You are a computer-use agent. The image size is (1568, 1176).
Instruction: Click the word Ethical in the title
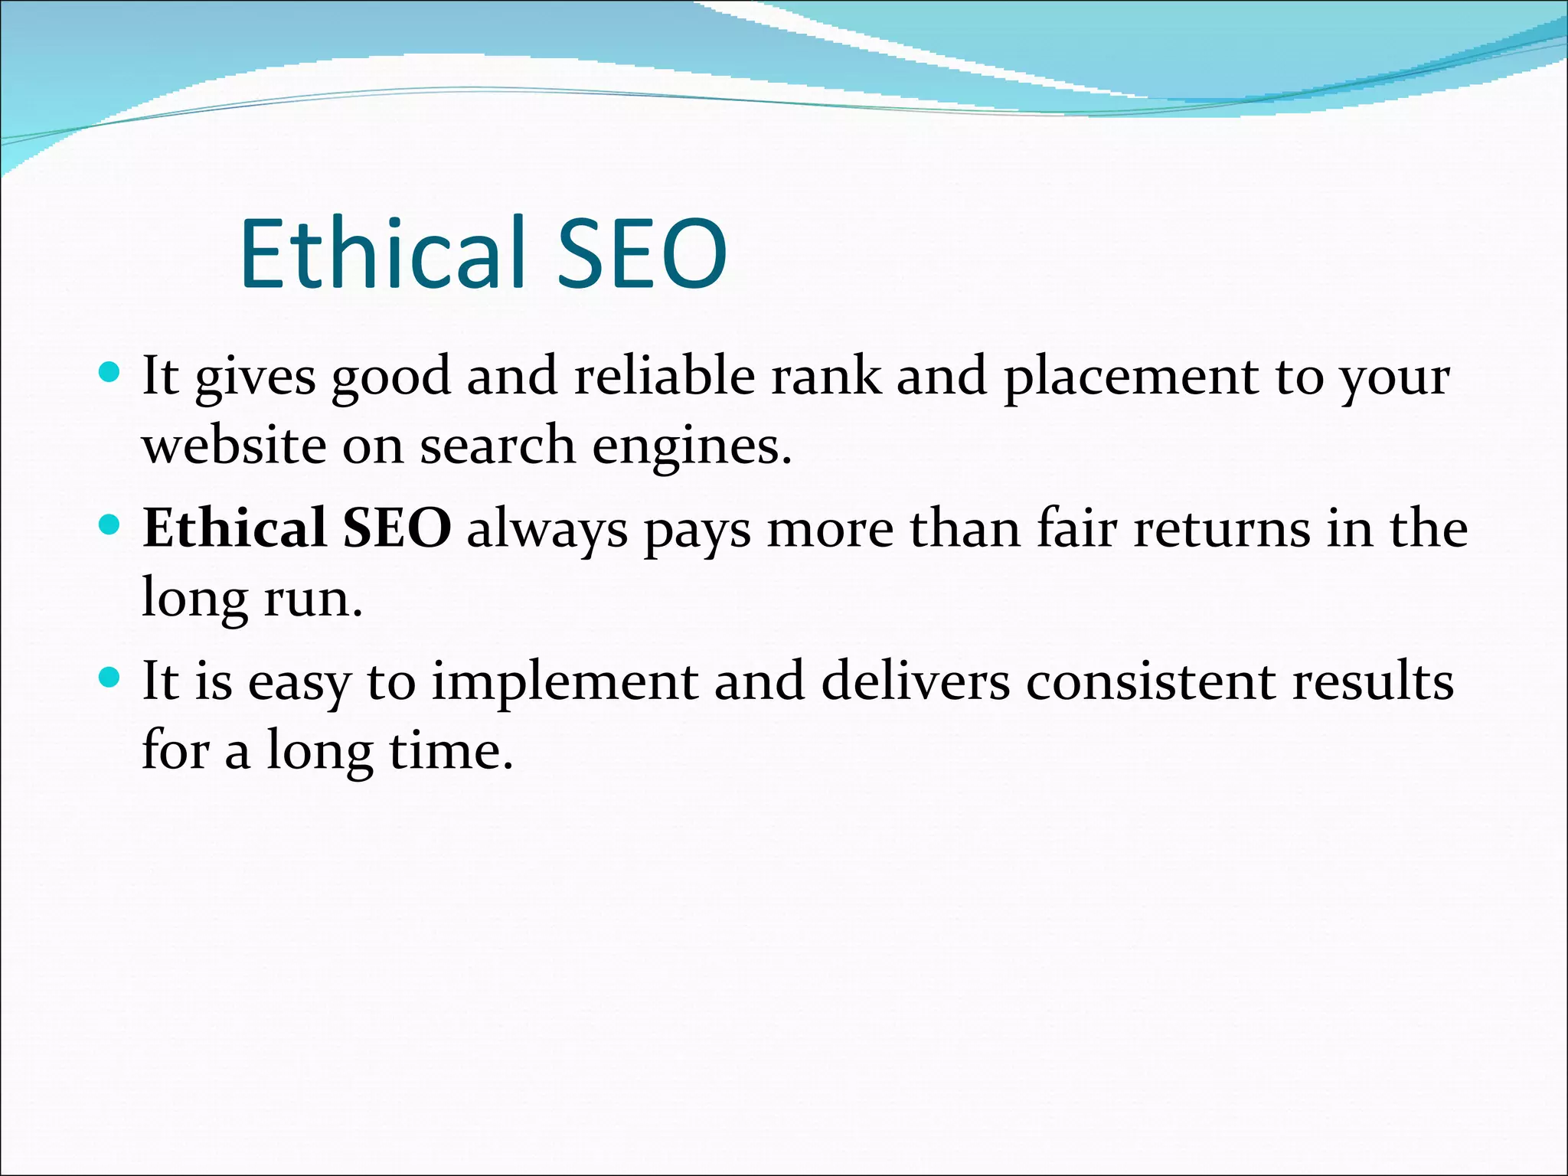[382, 254]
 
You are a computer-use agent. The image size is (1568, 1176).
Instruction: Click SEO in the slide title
[642, 254]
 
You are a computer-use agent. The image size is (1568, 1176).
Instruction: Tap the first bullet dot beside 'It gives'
[110, 373]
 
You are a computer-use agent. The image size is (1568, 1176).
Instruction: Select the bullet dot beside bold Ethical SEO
[110, 525]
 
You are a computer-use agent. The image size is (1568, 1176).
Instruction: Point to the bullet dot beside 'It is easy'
[110, 678]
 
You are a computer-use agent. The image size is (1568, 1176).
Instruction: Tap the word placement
[1131, 377]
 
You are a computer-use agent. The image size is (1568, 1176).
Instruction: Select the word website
[234, 446]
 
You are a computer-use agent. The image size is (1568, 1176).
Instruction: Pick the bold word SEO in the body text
[397, 528]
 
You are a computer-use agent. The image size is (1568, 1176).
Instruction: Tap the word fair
[1076, 528]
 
